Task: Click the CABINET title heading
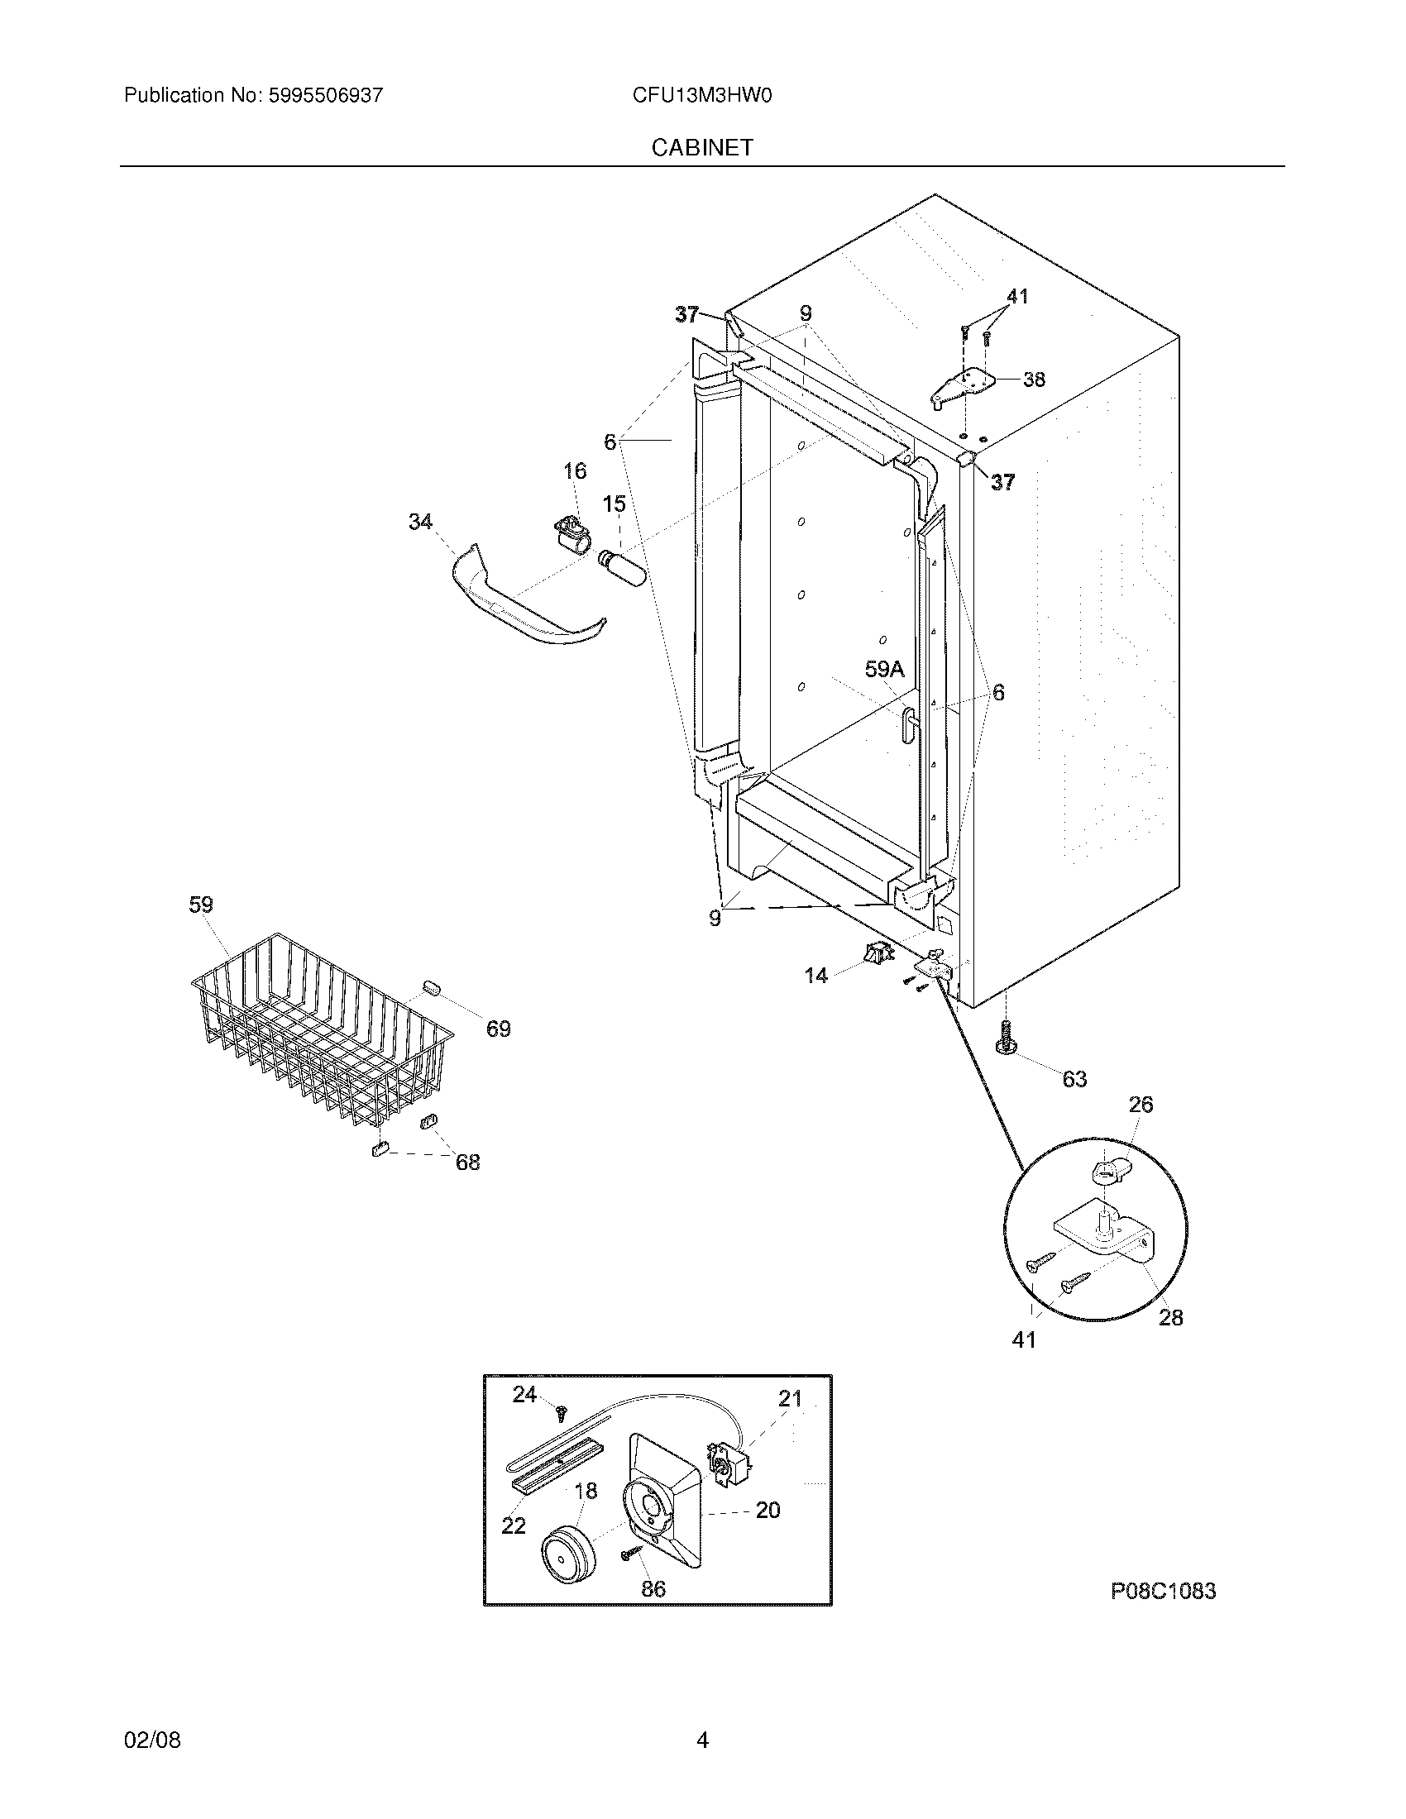pyautogui.click(x=702, y=147)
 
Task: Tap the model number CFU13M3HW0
pyautogui.click(x=702, y=96)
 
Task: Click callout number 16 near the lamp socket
pyautogui.click(x=575, y=471)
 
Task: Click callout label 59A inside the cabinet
pyautogui.click(x=884, y=669)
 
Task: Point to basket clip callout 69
pyautogui.click(x=498, y=1029)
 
